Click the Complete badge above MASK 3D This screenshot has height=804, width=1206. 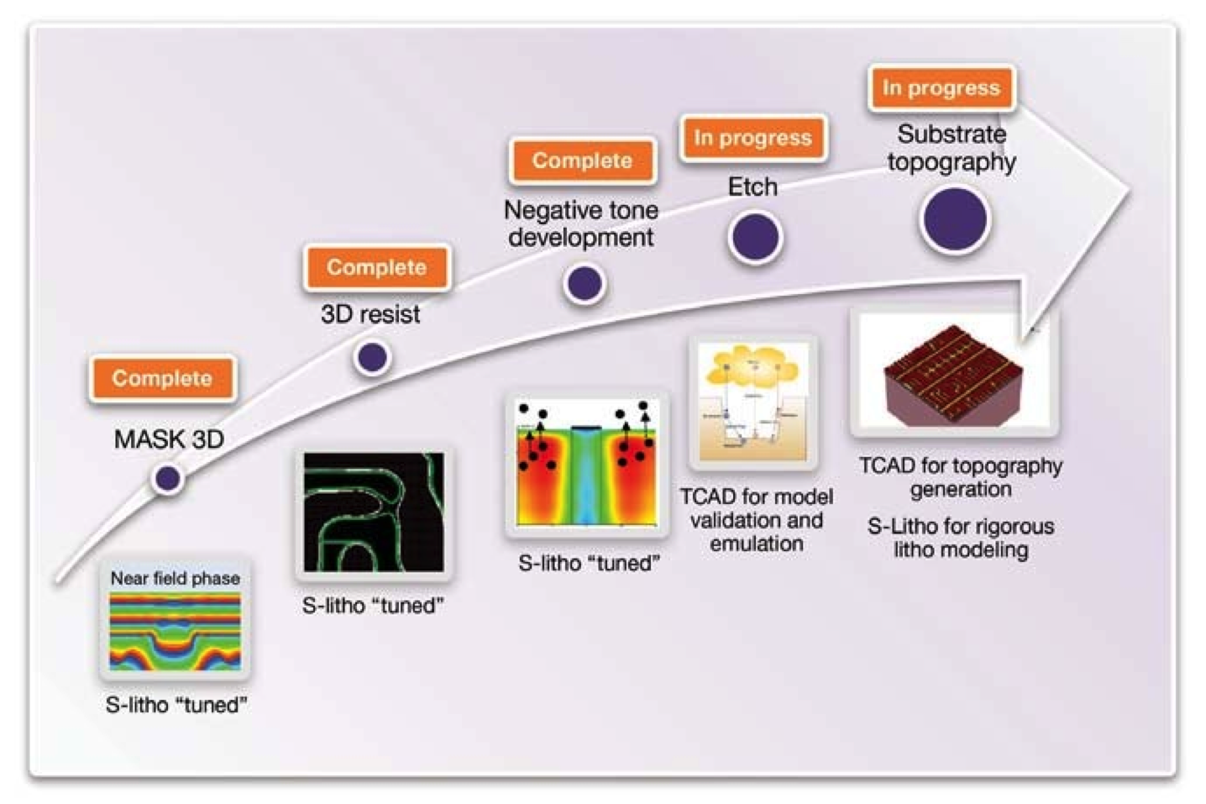click(162, 379)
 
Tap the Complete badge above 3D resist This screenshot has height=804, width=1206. click(376, 268)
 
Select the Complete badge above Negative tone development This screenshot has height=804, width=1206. click(582, 161)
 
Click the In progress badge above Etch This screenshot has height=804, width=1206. click(752, 138)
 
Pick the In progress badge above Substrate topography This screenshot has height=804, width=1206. click(941, 88)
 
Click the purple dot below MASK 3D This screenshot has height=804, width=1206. click(168, 479)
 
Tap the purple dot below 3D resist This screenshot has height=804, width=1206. click(372, 357)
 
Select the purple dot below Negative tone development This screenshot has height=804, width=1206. click(585, 284)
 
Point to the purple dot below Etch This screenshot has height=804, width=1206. click(755, 236)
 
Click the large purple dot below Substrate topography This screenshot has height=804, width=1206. click(955, 219)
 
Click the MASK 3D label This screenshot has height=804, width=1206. click(169, 439)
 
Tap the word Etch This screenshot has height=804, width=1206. click(752, 187)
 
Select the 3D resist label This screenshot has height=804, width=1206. click(370, 314)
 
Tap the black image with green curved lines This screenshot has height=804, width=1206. click(374, 512)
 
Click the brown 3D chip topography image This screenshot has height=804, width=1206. click(954, 373)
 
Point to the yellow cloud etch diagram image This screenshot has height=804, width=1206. click(753, 402)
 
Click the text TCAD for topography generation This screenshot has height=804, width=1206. click(960, 477)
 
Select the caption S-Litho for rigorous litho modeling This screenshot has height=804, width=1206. click(960, 538)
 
